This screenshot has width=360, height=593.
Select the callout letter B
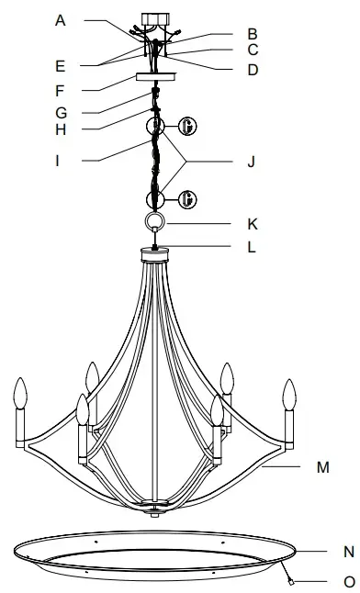tap(252, 34)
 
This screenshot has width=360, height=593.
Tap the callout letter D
tap(252, 69)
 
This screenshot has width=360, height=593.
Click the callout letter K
tap(252, 223)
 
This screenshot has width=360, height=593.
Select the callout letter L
tap(252, 246)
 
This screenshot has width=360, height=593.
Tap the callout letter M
tap(322, 467)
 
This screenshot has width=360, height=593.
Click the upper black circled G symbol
tap(187, 124)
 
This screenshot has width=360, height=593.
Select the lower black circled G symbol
tap(187, 198)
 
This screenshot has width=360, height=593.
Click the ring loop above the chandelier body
tap(156, 222)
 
